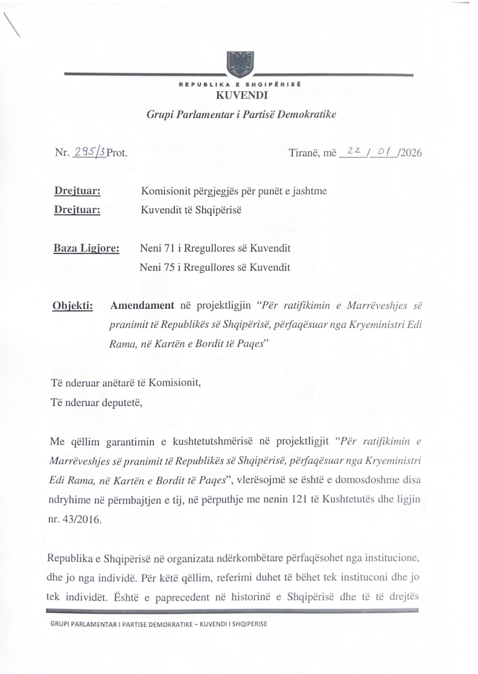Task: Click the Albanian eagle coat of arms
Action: pos(240,64)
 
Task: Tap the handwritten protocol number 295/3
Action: pos(89,152)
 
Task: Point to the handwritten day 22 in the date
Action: pos(353,151)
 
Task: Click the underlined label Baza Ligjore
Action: pos(86,248)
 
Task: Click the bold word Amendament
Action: pos(142,305)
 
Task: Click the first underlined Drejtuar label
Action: pos(78,191)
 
